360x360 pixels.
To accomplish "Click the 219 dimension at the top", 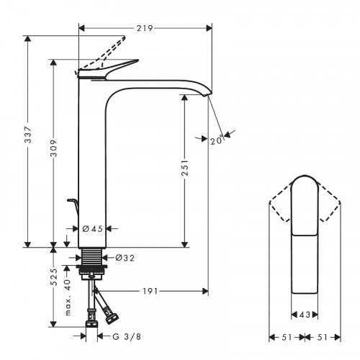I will [145, 28].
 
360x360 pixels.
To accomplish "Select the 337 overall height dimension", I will [27, 142].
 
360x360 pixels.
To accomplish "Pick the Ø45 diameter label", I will [92, 229].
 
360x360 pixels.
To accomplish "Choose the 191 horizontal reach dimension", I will [148, 292].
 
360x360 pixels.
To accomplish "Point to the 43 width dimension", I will [305, 315].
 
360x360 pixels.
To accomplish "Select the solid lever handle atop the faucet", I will [108, 69].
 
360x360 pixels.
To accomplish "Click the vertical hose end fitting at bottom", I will [91, 317].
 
